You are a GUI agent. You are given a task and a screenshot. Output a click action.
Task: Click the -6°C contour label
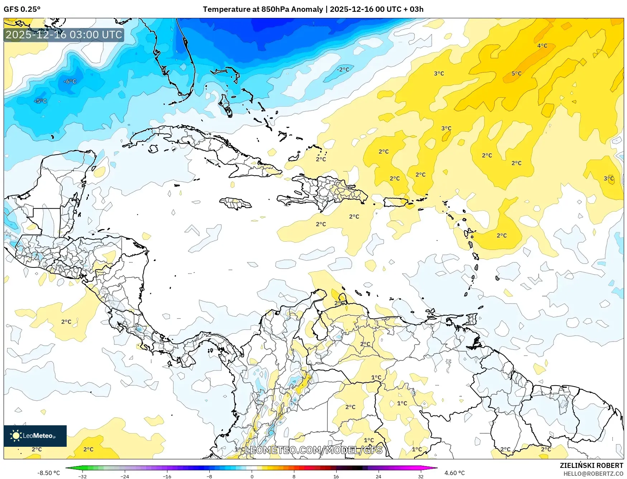click(x=70, y=82)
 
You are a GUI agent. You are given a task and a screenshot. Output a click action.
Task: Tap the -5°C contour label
click(x=41, y=101)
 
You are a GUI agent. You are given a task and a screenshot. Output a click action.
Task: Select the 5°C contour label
click(x=516, y=74)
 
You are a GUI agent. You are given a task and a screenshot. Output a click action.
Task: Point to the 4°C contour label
click(x=542, y=46)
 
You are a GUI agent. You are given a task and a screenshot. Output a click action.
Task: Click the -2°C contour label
click(x=343, y=69)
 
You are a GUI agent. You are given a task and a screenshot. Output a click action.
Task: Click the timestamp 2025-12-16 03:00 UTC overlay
click(x=64, y=35)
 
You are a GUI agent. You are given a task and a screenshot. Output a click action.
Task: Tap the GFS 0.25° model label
click(x=22, y=9)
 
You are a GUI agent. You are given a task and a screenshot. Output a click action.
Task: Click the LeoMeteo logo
click(x=35, y=436)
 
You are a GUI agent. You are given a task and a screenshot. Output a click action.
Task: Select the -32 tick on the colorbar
click(x=82, y=476)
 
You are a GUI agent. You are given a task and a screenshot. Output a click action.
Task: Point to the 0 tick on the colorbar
click(x=252, y=476)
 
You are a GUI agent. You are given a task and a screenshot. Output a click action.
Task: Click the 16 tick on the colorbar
click(x=336, y=476)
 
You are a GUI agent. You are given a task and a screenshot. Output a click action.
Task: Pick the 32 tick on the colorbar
click(x=421, y=476)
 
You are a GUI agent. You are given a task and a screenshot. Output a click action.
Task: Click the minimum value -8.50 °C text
click(x=49, y=473)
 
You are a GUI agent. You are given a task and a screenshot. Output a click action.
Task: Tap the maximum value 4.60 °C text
click(x=455, y=473)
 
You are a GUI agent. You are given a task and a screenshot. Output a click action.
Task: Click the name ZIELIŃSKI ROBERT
click(x=592, y=465)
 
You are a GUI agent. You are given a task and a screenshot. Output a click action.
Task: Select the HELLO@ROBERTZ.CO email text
click(x=593, y=474)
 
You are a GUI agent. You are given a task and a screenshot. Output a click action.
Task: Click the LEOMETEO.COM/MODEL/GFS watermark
click(x=314, y=450)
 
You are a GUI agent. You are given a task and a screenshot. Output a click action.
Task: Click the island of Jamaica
click(x=236, y=203)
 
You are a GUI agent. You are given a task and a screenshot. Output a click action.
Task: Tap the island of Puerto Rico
click(x=396, y=202)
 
